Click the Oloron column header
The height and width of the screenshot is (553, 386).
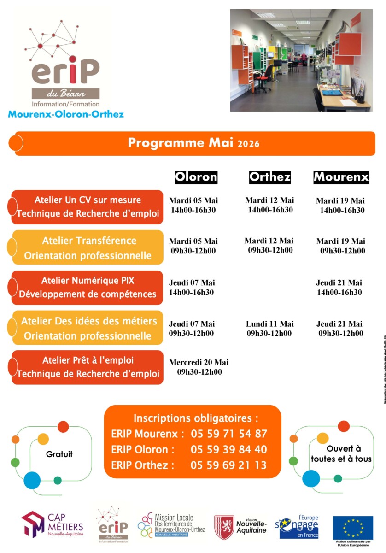[196, 177]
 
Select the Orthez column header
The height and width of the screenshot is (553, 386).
[270, 177]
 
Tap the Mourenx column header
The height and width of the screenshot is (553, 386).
[341, 177]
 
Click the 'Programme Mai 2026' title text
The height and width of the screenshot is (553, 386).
[193, 143]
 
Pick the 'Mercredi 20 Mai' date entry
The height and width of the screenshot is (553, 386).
[199, 362]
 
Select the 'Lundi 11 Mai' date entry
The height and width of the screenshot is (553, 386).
[269, 324]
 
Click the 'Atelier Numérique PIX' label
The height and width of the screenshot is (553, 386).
[88, 281]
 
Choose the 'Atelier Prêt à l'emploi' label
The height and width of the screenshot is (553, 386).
[88, 360]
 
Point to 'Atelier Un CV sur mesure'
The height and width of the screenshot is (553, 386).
[88, 200]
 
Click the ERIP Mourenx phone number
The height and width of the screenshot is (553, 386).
[228, 434]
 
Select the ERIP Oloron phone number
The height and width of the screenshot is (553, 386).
[228, 449]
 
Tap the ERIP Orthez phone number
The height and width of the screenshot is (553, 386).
[228, 465]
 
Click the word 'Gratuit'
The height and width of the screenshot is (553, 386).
[59, 454]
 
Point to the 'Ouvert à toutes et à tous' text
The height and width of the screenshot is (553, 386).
[341, 453]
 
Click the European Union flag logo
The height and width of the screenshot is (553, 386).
[353, 527]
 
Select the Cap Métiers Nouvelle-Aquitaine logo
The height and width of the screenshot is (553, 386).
[52, 524]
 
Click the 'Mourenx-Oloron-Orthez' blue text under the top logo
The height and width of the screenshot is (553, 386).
[66, 114]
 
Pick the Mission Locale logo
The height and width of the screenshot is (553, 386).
[171, 525]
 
